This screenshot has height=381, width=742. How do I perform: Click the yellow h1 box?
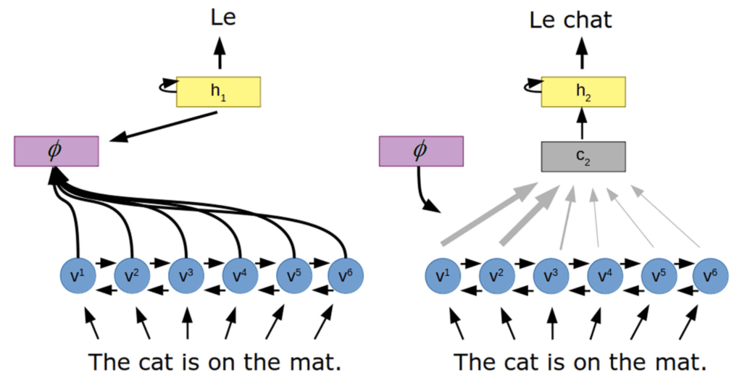[218, 91]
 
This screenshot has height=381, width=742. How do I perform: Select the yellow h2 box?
[583, 91]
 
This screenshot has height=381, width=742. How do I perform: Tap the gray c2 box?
[583, 156]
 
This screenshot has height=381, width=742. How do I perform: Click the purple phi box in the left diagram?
[56, 151]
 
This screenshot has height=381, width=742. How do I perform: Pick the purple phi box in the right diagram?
[421, 151]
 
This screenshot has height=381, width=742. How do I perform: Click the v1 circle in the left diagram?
[77, 276]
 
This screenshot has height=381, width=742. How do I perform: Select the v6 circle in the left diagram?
[346, 276]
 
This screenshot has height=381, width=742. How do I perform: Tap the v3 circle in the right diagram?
[551, 276]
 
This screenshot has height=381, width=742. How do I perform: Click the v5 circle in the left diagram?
[293, 276]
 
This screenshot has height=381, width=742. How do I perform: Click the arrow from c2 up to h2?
[583, 125]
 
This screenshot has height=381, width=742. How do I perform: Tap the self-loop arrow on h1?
[168, 88]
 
